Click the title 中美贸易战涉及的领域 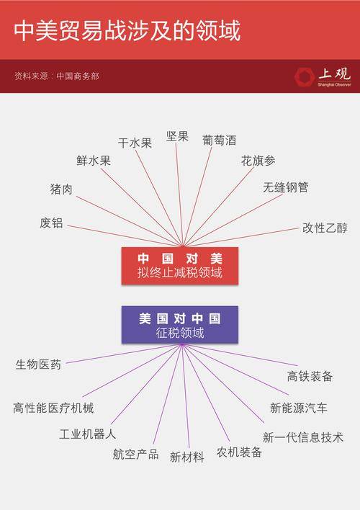pyautogui.click(x=127, y=30)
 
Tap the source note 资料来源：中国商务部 pyautogui.click(x=57, y=76)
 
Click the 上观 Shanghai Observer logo pyautogui.click(x=323, y=77)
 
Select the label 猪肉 pyautogui.click(x=61, y=189)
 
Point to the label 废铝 pyautogui.click(x=51, y=223)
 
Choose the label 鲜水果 pyautogui.click(x=94, y=161)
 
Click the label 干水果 pyautogui.click(x=135, y=143)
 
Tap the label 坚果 pyautogui.click(x=177, y=136)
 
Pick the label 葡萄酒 pyautogui.click(x=219, y=140)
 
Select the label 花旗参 pyautogui.click(x=258, y=161)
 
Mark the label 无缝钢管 pyautogui.click(x=286, y=187)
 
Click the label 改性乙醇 pyautogui.click(x=325, y=228)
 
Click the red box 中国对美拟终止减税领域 pyautogui.click(x=180, y=266)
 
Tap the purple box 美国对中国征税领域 pyautogui.click(x=180, y=324)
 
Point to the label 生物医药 pyautogui.click(x=38, y=364)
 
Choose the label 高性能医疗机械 pyautogui.click(x=53, y=408)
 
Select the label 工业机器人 pyautogui.click(x=87, y=434)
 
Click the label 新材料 pyautogui.click(x=187, y=457)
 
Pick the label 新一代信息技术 pyautogui.click(x=303, y=437)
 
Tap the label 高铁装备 pyautogui.click(x=310, y=376)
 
